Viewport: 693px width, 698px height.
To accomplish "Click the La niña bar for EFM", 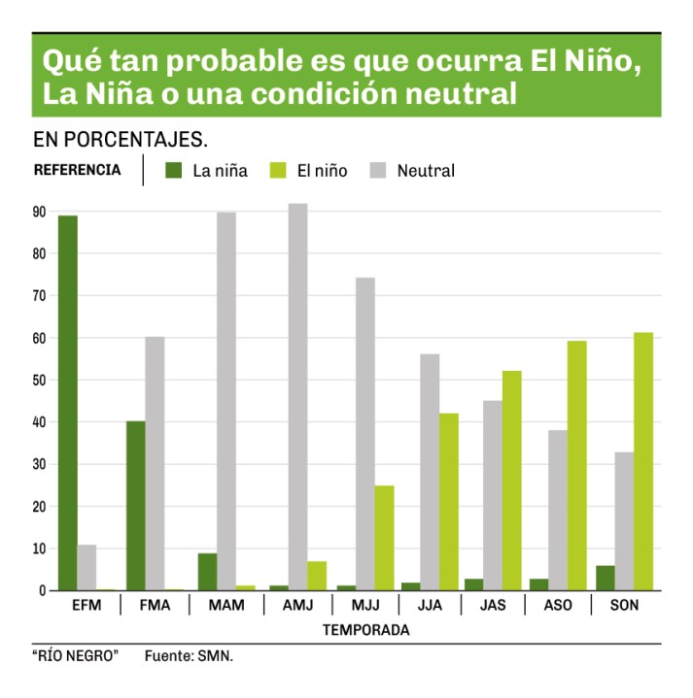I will tap(67, 403).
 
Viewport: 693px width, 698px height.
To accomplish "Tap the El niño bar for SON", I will tap(642, 461).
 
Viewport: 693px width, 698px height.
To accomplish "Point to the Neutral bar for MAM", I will tap(225, 401).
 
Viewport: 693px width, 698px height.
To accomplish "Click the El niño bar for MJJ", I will tap(384, 538).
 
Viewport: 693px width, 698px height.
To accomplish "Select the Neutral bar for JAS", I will tap(493, 495).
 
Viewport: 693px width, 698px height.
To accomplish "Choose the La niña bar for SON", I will tap(605, 578).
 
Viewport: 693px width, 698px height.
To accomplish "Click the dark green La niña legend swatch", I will tap(174, 171).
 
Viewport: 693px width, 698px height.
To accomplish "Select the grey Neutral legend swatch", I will tap(379, 171).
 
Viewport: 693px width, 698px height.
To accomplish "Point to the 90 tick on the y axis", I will tap(40, 212).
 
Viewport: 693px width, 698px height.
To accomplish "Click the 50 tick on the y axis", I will tap(40, 381).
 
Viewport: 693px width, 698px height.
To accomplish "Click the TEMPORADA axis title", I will tap(364, 630).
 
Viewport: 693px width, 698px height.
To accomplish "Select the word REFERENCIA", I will tap(78, 170).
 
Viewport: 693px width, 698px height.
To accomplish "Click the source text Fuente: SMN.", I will tap(190, 656).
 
